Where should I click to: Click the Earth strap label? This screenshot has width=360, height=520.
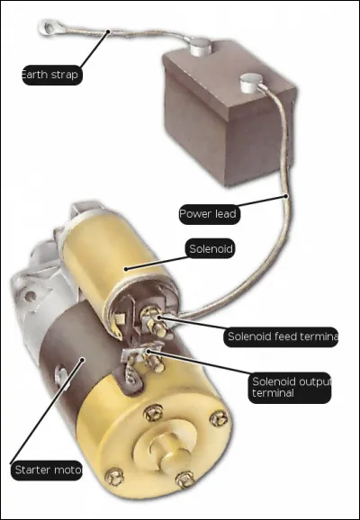(x=51, y=74)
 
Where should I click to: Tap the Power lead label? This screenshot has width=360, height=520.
(x=207, y=214)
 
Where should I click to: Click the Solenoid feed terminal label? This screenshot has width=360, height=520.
(x=280, y=337)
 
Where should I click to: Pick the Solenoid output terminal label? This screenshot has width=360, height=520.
(x=289, y=387)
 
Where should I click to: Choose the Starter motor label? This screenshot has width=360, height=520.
(x=48, y=470)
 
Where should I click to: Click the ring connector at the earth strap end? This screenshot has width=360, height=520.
(x=48, y=28)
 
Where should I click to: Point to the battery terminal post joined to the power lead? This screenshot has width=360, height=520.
(x=249, y=86)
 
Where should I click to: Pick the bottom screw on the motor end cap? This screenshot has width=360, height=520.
(x=184, y=480)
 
